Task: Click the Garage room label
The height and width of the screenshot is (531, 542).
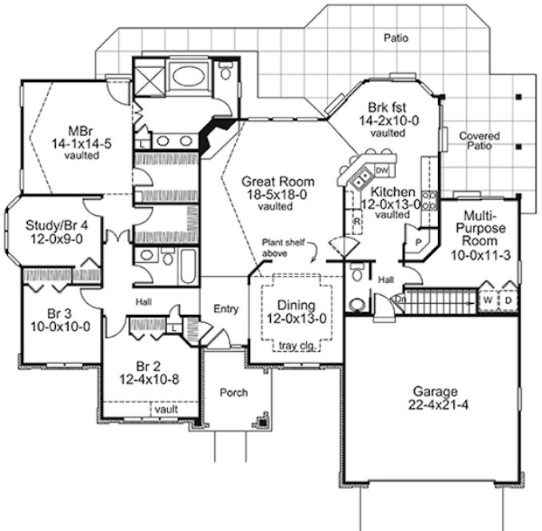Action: [435, 392]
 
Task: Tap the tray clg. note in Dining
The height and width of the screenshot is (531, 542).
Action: [297, 345]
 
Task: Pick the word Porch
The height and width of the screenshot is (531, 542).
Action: [233, 393]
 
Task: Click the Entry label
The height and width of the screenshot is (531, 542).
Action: [226, 309]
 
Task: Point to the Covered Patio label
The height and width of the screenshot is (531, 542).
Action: [479, 142]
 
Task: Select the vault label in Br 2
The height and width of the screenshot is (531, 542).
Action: [165, 408]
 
